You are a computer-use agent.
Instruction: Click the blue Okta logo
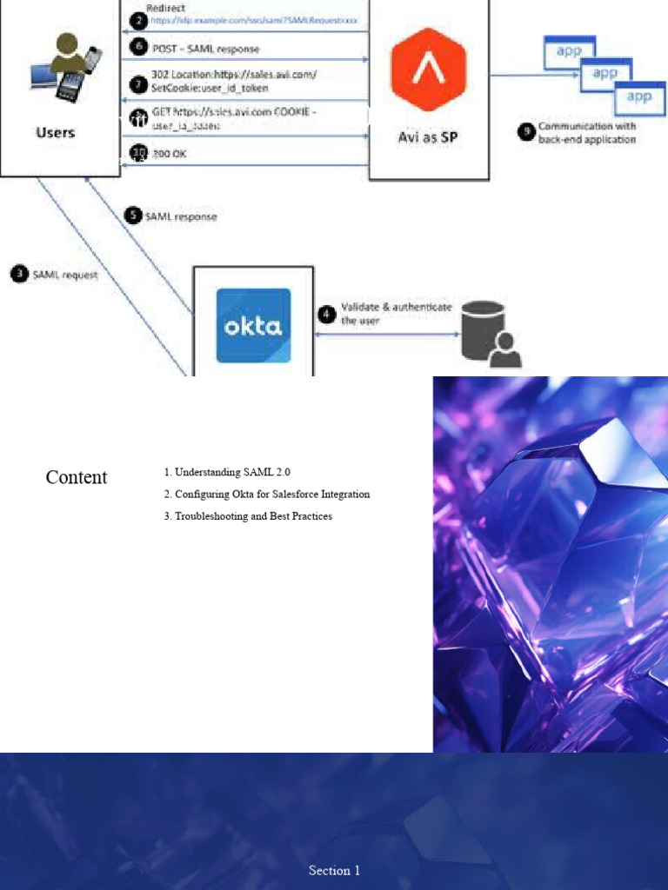coord(253,326)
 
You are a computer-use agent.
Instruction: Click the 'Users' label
coord(56,132)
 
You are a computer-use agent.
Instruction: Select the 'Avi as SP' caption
coord(428,136)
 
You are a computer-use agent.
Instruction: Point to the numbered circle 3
coord(19,274)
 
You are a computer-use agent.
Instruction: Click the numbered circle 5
coord(132,216)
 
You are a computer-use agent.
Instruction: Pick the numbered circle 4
coord(327,313)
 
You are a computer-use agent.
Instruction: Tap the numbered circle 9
coord(526,132)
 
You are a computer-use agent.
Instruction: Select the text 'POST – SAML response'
coord(205,49)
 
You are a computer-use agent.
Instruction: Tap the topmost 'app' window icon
coord(569,52)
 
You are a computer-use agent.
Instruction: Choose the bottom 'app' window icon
coord(639,97)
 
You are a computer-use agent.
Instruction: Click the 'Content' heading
coord(77,477)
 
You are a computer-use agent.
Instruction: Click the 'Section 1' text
coord(334,870)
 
